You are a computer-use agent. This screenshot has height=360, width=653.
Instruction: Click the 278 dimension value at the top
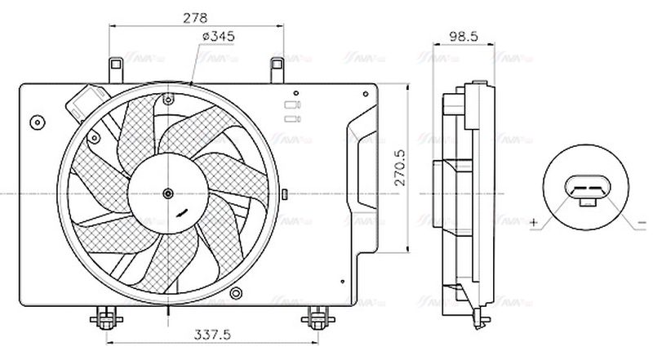tap(197, 16)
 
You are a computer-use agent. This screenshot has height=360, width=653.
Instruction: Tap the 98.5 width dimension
tap(463, 37)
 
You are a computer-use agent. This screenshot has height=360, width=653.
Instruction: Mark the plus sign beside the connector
tap(533, 222)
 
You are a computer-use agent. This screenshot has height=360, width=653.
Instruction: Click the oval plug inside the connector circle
tap(585, 192)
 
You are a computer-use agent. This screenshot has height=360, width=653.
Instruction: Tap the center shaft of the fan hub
tap(168, 193)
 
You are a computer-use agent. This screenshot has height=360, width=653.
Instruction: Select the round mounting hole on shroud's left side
tap(36, 123)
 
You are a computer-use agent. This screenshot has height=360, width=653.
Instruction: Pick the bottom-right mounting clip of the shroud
tap(316, 316)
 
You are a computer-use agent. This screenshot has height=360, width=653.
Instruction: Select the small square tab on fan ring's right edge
tap(285, 193)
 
